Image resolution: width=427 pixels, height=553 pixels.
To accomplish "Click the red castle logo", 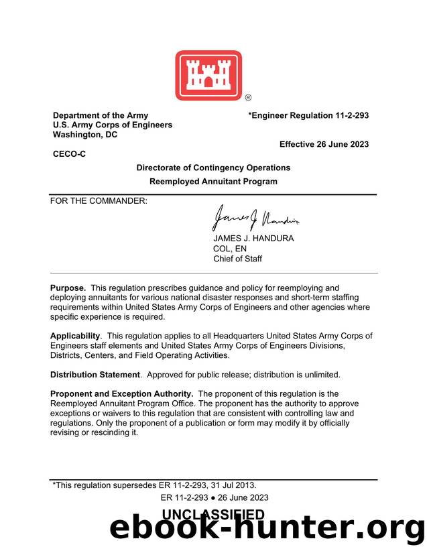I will pos(208,76).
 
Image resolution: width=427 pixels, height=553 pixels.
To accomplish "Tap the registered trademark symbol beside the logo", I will pos(248,98).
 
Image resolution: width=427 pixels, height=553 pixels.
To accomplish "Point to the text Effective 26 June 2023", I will pos(324,145).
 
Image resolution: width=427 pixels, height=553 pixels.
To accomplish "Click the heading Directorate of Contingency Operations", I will pos(213,168).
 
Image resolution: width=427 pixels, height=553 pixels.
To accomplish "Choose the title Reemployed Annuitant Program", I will pos(213,182).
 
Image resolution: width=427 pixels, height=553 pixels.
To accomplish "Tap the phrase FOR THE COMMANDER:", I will pos(99,200).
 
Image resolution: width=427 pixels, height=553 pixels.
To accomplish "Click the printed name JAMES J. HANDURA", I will pos(253,239).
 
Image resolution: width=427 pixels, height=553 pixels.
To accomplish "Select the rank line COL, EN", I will pos(230,249).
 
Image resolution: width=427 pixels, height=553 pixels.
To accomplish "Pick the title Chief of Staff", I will pos(238,259).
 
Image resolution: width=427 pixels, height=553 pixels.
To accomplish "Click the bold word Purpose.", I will pos(68,288).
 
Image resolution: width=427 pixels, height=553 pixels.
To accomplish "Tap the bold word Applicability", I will pos(76,336).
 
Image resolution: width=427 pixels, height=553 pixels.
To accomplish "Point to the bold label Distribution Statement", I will pos(95,375).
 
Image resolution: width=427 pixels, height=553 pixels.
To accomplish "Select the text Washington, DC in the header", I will pos(85,135).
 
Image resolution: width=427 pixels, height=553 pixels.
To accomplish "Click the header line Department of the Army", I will pos(101,115).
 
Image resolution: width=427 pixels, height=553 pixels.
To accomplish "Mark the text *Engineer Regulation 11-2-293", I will pos(308,115).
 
